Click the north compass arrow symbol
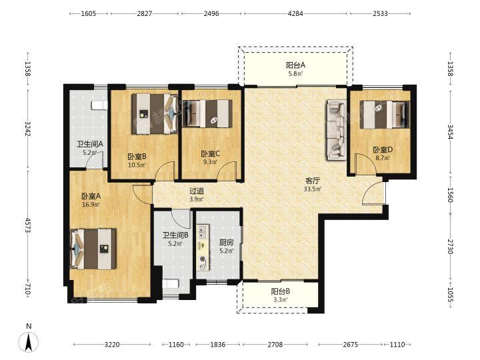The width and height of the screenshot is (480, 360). [x=29, y=342]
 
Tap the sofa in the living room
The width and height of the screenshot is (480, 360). [x=337, y=129]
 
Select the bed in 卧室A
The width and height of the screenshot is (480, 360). [x=93, y=249]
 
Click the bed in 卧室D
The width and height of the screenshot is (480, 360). [x=385, y=115]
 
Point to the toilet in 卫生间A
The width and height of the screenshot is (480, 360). [x=100, y=105]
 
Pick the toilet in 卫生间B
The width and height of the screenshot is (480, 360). [x=170, y=284]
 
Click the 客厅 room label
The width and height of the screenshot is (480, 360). [x=313, y=181]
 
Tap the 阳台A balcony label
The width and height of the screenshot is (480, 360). [x=296, y=65]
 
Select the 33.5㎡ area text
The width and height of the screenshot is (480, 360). [x=313, y=189]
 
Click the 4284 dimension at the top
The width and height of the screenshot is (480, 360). [x=296, y=13]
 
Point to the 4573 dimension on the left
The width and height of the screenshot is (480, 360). [x=28, y=225]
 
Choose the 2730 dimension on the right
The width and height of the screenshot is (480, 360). [x=450, y=247]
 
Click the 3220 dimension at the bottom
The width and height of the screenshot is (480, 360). [x=112, y=345]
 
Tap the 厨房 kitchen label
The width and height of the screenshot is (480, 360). [x=227, y=243]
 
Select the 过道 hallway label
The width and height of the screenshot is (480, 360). [x=197, y=191]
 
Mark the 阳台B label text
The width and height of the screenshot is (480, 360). [x=281, y=291]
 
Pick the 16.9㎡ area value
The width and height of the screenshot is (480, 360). [x=91, y=205]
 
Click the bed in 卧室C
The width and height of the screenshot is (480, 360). [x=207, y=113]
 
